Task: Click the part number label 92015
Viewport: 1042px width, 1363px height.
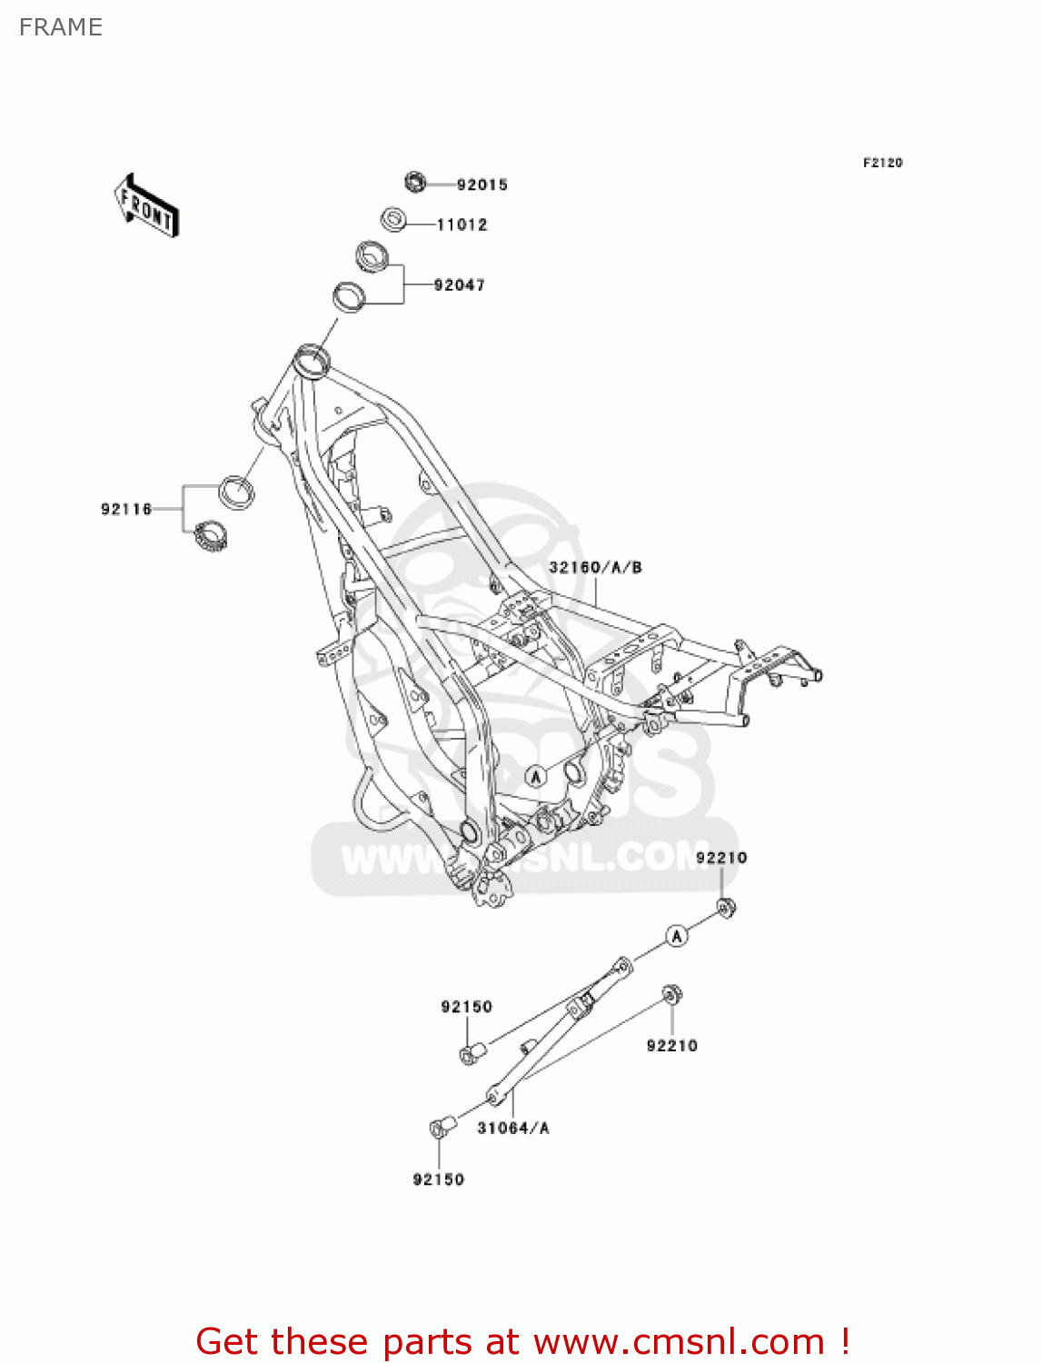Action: [x=481, y=184]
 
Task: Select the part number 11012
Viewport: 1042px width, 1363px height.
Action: [x=461, y=224]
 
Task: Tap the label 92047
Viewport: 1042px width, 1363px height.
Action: [x=459, y=284]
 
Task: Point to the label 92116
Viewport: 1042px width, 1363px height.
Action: [x=126, y=509]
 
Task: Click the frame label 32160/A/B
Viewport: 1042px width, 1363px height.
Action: [x=595, y=567]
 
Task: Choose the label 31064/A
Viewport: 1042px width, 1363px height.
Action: [x=513, y=1128]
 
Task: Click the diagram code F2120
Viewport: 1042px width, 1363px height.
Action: [x=882, y=163]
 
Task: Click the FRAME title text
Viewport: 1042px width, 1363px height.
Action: [x=61, y=27]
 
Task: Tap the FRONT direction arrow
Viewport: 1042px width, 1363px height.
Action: [x=145, y=205]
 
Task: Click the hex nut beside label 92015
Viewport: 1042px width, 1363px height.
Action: [x=414, y=182]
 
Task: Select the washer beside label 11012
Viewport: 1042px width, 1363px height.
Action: [x=393, y=220]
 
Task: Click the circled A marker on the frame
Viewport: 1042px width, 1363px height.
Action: [x=536, y=776]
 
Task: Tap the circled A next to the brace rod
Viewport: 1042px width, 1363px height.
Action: [x=677, y=935]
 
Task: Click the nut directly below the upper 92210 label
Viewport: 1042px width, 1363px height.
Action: [x=725, y=907]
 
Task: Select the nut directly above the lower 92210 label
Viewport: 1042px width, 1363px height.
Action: [x=672, y=994]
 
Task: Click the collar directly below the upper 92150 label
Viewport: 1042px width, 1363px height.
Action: [x=472, y=1054]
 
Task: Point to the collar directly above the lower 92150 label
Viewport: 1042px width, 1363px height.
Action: [x=441, y=1128]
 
